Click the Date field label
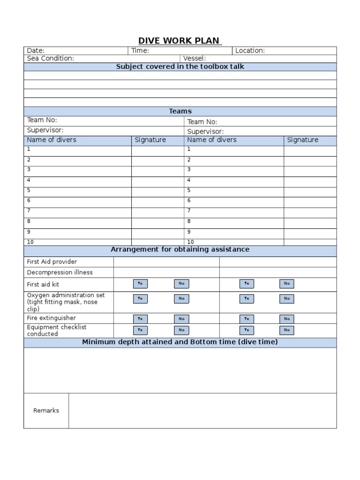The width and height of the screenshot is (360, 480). click(36, 51)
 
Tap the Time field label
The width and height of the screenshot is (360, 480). click(140, 51)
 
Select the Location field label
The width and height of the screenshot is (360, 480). click(250, 51)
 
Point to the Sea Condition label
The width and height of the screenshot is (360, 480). click(50, 59)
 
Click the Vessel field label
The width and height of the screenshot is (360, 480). click(195, 59)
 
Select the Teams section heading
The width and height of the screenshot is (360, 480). click(180, 111)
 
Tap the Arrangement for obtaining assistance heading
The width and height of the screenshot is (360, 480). click(180, 249)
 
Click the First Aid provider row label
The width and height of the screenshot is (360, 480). click(52, 262)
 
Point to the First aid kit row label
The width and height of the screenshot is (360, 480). click(43, 284)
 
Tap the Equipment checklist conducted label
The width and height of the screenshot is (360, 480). click(56, 330)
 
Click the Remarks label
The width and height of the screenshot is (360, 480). click(46, 411)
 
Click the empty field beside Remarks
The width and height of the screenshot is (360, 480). click(202, 411)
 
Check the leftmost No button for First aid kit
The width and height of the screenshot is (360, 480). click(181, 283)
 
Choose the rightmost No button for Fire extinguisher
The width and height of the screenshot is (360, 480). click(286, 319)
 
